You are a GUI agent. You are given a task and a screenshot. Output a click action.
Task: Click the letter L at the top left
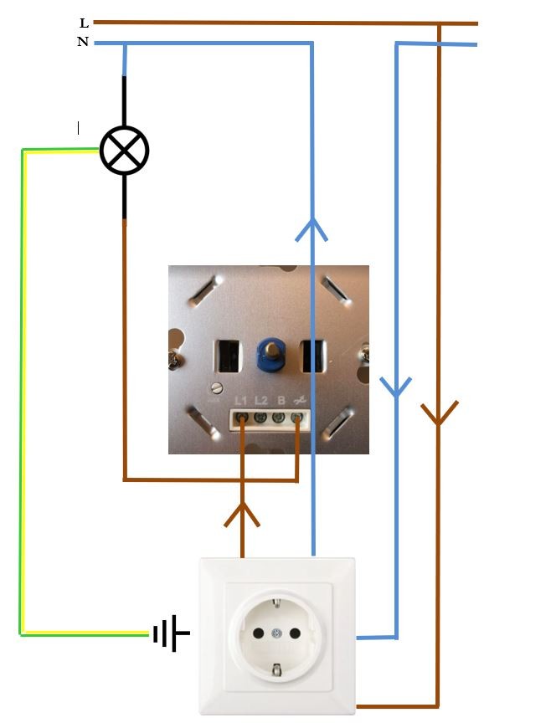click(84, 24)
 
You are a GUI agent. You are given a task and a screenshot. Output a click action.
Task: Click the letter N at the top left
click(83, 42)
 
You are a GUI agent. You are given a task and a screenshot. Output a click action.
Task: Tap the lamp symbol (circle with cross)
click(124, 151)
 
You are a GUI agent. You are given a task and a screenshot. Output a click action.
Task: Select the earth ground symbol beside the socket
click(171, 634)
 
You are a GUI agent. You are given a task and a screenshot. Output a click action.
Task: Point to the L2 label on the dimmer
click(261, 400)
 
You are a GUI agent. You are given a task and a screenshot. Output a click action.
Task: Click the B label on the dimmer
click(278, 400)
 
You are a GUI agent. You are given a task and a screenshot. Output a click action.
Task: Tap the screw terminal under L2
click(260, 415)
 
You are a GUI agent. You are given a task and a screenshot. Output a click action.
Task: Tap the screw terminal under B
click(278, 415)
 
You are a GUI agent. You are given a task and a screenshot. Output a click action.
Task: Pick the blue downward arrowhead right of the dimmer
click(396, 386)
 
